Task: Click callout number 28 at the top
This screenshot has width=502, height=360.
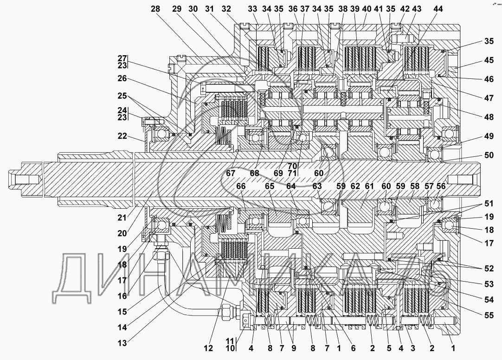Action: [155, 9]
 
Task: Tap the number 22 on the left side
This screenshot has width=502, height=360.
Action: [122, 136]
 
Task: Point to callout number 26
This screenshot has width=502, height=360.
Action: [122, 78]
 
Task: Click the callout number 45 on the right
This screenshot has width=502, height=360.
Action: [489, 60]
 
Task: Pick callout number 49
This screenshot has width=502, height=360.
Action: [489, 136]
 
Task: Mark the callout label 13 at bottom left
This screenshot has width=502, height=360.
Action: [122, 343]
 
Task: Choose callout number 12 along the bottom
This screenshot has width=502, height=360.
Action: [208, 348]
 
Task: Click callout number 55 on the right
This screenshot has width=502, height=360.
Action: [489, 315]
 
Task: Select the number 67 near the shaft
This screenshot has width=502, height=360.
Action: [231, 173]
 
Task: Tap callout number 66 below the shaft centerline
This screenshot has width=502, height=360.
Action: [241, 186]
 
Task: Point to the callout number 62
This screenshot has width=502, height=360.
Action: [355, 186]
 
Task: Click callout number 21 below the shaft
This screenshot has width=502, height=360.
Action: [122, 218]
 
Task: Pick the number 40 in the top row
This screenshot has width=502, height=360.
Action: [367, 9]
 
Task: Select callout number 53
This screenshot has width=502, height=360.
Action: [489, 284]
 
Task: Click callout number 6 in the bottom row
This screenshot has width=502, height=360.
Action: [353, 348]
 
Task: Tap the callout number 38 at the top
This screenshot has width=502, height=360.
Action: [343, 9]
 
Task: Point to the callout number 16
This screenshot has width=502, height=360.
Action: [122, 296]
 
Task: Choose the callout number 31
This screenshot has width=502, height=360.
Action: [209, 9]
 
